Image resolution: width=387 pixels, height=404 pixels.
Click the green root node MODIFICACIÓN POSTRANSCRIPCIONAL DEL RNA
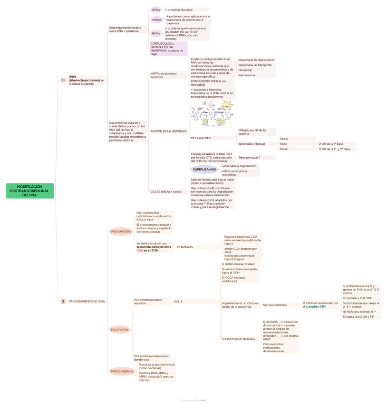[x=30, y=191]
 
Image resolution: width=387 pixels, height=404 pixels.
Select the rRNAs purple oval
[x=155, y=10]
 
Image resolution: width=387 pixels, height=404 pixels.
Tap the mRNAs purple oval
[x=156, y=20]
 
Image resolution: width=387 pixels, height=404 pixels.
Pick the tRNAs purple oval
[x=156, y=33]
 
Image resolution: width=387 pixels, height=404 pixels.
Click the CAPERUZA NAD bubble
[x=204, y=169]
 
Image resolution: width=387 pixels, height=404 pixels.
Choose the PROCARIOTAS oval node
[x=121, y=232]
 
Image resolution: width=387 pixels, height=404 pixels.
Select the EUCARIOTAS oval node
[x=120, y=330]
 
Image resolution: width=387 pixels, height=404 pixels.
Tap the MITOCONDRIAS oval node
[x=122, y=371]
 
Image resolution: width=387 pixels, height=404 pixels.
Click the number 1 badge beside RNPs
[x=63, y=81]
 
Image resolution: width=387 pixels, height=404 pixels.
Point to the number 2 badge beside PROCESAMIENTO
[x=63, y=302]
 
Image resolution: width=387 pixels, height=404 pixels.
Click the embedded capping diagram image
[x=213, y=113]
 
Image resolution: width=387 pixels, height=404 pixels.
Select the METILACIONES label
[x=201, y=138]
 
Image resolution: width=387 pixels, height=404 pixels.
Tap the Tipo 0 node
[x=284, y=139]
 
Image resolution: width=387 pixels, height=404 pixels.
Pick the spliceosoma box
[x=247, y=75]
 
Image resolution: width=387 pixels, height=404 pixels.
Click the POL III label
[x=178, y=302]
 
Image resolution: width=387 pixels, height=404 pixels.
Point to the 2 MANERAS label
[x=185, y=247]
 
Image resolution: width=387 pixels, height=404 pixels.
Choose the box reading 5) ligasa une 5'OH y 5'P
[x=358, y=317]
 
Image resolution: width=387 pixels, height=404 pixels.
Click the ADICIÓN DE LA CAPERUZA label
[x=168, y=131]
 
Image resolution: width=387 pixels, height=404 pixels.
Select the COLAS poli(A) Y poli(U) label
[x=166, y=192]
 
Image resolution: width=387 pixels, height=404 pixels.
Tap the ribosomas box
[x=245, y=70]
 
